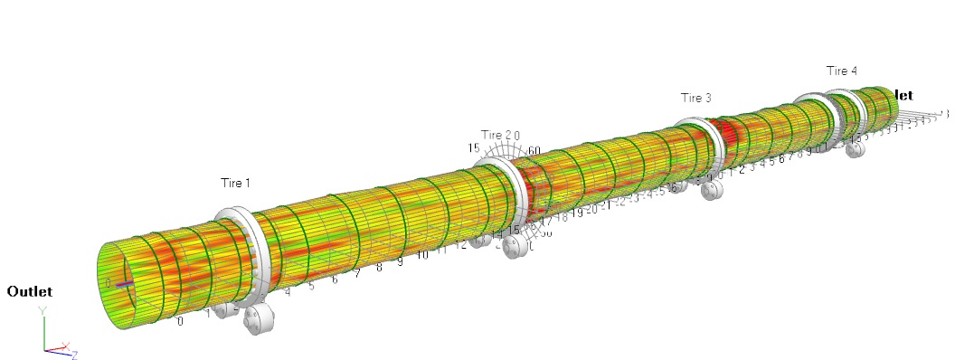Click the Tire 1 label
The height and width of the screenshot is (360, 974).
click(x=235, y=183)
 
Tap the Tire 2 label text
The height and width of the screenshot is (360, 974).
click(x=496, y=135)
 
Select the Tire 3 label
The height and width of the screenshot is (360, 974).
click(x=695, y=98)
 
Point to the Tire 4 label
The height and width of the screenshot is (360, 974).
click(x=841, y=71)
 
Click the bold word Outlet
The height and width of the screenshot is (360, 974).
click(x=30, y=291)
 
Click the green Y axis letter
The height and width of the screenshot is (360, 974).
click(x=42, y=310)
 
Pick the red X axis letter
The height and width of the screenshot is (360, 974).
click(x=65, y=346)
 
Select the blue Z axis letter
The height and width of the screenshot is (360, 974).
click(x=74, y=355)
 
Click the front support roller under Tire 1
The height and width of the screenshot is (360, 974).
click(x=263, y=320)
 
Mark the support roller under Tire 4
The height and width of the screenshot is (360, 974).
click(x=854, y=147)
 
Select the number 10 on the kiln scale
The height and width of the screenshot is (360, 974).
click(x=421, y=255)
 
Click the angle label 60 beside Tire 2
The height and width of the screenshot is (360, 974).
click(x=534, y=150)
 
